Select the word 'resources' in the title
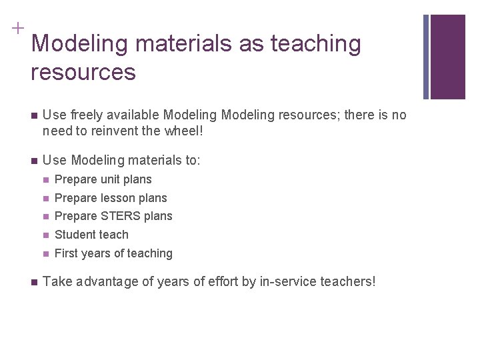pyautogui.click(x=83, y=72)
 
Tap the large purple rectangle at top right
pyautogui.click(x=447, y=57)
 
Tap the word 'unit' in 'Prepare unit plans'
pyautogui.click(x=113, y=179)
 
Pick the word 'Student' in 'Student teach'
pyautogui.click(x=77, y=235)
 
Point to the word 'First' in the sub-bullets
pyautogui.click(x=67, y=253)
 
